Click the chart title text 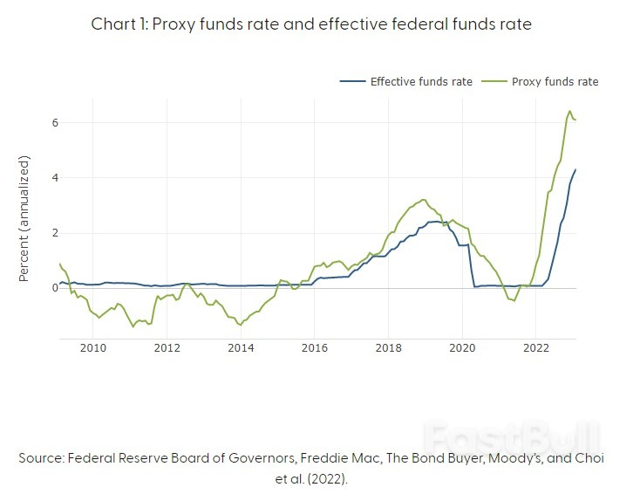tap(311, 24)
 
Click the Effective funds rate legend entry tap(421, 81)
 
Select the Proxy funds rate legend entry tap(555, 81)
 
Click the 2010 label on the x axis tap(93, 349)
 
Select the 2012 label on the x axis tap(167, 349)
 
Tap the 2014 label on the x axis tap(241, 349)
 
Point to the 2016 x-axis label tap(314, 349)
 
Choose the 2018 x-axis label tap(388, 349)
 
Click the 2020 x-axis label tap(461, 349)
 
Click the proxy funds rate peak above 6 tap(569, 112)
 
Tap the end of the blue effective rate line tap(575, 170)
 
